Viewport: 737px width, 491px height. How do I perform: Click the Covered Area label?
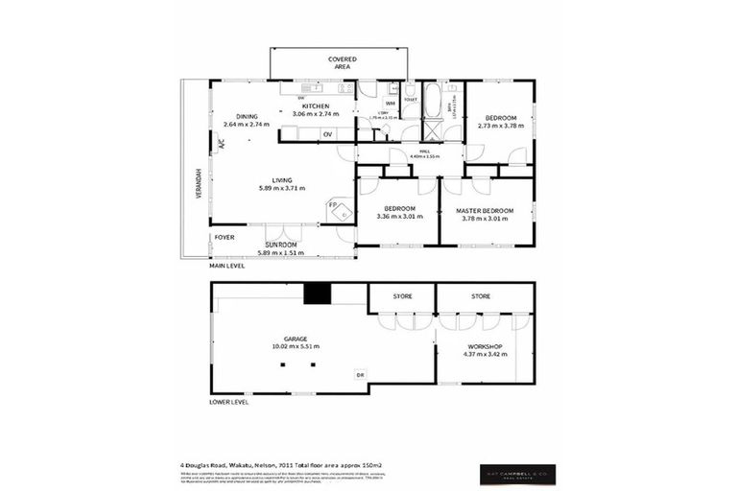pos(343,62)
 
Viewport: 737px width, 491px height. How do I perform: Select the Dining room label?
pos(247,116)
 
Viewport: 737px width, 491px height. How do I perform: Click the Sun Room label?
pos(281,245)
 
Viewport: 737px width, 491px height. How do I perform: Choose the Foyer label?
pos(224,236)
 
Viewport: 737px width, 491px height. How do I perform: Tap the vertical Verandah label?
pos(199,183)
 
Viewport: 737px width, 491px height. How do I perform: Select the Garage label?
pos(295,339)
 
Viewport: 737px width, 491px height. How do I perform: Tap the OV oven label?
pos(327,134)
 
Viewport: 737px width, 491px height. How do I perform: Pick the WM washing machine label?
pos(391,103)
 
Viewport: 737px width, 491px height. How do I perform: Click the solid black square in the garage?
pos(316,293)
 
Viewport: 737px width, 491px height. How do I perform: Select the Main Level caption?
pos(227,266)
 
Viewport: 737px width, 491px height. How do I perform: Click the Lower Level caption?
pos(228,402)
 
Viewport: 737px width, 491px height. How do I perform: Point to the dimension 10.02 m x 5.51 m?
pos(295,347)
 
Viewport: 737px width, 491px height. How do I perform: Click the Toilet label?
pos(410,99)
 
